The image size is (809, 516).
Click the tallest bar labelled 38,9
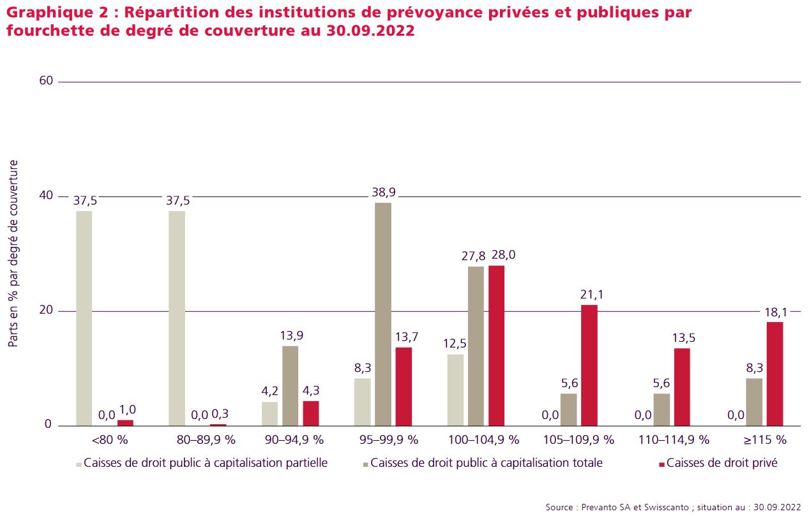pyautogui.click(x=383, y=314)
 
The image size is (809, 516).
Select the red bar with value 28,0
pyautogui.click(x=496, y=346)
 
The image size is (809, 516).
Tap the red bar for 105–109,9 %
pyautogui.click(x=589, y=365)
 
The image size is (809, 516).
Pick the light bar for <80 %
pyautogui.click(x=84, y=319)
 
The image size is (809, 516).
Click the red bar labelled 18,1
pyautogui.click(x=775, y=374)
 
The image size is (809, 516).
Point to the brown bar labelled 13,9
pyautogui.click(x=290, y=386)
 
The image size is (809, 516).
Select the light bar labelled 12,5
pyautogui.click(x=455, y=390)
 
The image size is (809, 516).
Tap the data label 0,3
pyautogui.click(x=220, y=413)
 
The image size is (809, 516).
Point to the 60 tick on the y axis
pyautogui.click(x=46, y=80)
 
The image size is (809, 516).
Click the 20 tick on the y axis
pyautogui.click(x=46, y=310)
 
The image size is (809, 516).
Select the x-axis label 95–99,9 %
pyautogui.click(x=389, y=440)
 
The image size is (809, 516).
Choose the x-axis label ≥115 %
pyautogui.click(x=765, y=440)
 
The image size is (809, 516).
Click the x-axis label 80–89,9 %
pyautogui.click(x=206, y=440)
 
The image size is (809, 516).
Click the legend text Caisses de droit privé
pyautogui.click(x=722, y=463)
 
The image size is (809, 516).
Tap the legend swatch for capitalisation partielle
pyautogui.click(x=79, y=465)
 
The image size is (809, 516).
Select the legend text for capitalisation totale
pyautogui.click(x=487, y=463)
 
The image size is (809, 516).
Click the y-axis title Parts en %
pyautogui.click(x=13, y=254)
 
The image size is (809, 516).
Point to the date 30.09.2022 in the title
pyautogui.click(x=370, y=31)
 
